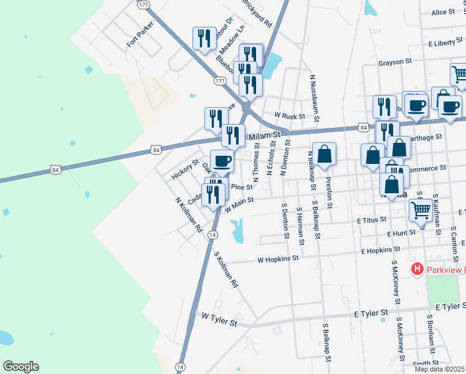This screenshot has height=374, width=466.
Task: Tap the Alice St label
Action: tap(443, 12)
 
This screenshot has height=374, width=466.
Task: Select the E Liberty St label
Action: tap(447, 44)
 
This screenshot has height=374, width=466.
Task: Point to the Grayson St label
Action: tap(395, 62)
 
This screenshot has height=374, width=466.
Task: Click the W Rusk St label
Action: tap(290, 116)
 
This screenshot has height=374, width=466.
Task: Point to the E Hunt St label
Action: tap(401, 233)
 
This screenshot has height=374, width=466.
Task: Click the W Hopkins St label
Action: tap(278, 257)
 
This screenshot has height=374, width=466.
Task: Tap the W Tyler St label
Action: tap(219, 320)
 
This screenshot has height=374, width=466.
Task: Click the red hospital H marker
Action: tap(417, 269)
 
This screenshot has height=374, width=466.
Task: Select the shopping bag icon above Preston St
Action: tap(325, 154)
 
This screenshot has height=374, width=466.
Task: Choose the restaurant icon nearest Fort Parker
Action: tap(204, 39)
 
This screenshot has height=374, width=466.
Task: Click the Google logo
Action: tap(21, 367)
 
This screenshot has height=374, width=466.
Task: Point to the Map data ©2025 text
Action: tap(440, 369)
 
